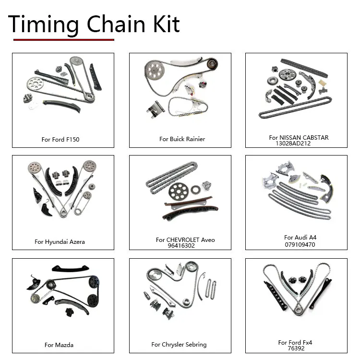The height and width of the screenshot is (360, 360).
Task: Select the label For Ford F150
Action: [60, 140]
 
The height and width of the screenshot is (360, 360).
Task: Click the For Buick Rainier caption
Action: [182, 139]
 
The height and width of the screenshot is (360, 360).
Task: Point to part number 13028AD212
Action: [296, 143]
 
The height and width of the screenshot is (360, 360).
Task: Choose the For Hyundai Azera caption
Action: [60, 242]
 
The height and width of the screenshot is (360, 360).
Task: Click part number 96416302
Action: [181, 245]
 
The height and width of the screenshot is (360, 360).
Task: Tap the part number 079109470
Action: [300, 244]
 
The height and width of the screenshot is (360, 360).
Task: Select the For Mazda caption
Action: [59, 345]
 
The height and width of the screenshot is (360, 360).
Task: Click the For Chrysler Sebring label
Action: [179, 344]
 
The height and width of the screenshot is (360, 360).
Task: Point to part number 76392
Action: [296, 348]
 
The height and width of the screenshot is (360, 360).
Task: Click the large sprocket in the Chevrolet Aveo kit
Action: [178, 192]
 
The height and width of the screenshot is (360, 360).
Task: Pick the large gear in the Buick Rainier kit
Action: [154, 72]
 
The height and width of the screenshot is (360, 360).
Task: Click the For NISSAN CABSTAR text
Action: [299, 137]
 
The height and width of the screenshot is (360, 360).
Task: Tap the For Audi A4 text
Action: [300, 238]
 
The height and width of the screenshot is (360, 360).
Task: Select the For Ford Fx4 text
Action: [295, 342]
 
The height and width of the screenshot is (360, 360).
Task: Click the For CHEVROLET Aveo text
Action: [185, 240]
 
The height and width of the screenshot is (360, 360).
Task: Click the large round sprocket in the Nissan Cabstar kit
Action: [288, 74]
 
